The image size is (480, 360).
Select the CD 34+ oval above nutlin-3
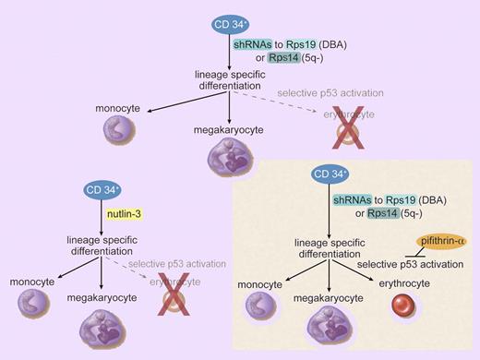(98, 190)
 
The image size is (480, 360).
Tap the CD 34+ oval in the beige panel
(347, 174)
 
